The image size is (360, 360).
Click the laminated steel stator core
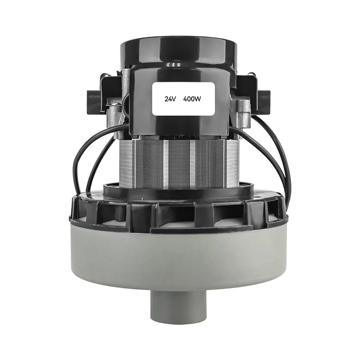tap(180, 162)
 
